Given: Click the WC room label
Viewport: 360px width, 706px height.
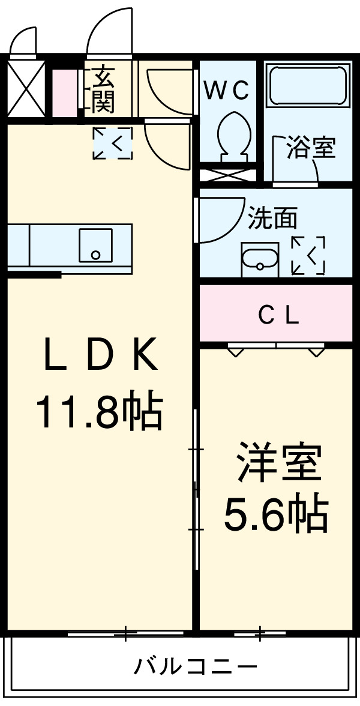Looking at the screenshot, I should click(x=226, y=91).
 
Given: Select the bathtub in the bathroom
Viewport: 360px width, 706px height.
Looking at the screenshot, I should click(x=308, y=86).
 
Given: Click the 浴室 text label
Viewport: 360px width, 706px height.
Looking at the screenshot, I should click(x=310, y=147).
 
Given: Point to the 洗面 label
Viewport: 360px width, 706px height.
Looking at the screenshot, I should click(x=272, y=220).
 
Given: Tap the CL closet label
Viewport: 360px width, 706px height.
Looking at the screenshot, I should click(x=278, y=315).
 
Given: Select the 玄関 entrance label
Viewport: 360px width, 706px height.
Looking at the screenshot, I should click(x=103, y=91).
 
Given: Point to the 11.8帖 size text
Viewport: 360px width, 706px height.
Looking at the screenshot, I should click(x=100, y=412).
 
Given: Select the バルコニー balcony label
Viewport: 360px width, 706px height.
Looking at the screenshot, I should click(x=196, y=666).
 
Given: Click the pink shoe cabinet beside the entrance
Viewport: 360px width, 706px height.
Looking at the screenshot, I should click(x=65, y=94).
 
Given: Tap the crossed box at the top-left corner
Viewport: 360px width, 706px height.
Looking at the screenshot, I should click(x=26, y=88).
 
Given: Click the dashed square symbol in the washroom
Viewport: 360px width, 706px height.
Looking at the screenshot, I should click(x=308, y=256).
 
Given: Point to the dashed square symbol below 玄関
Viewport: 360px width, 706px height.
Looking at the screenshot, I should click(x=113, y=143).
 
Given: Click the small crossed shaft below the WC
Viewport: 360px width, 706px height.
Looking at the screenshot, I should click(x=227, y=175).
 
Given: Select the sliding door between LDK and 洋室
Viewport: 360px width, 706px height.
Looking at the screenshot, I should click(x=196, y=492).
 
